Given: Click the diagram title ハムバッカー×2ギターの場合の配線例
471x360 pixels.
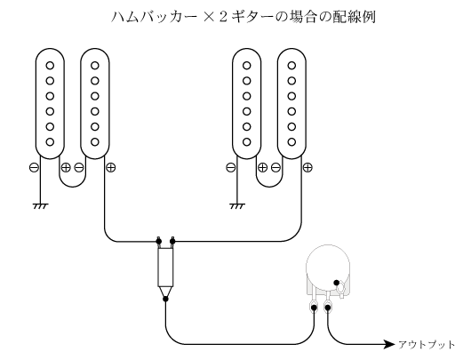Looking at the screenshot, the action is [x=243, y=17].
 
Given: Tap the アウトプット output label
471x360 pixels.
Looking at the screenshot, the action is [x=427, y=345].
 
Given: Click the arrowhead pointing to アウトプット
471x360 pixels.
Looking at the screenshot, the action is [x=390, y=344].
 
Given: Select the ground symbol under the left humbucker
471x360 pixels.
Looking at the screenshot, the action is [x=41, y=206].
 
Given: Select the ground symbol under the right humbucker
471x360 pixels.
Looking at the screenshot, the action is [x=237, y=206].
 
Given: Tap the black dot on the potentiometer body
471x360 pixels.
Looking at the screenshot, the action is [x=337, y=283].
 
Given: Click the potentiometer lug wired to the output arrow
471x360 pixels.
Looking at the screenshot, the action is [x=328, y=308].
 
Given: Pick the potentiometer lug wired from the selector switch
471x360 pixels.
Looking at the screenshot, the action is [x=314, y=308].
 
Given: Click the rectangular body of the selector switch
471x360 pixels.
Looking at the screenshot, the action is [x=165, y=268].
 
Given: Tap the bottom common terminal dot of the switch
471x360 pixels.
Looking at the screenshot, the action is [x=165, y=299].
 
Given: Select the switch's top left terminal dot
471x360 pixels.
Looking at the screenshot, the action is [x=158, y=241].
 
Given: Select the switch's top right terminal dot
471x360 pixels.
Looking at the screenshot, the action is [x=172, y=241].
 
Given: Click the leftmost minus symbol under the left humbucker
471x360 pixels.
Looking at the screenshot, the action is [x=34, y=167].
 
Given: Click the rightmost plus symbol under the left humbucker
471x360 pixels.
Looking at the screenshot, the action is [x=111, y=167].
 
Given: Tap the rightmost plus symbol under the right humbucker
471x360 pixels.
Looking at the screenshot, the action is [x=307, y=167].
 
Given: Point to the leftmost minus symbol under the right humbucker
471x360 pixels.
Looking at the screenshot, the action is [x=231, y=167].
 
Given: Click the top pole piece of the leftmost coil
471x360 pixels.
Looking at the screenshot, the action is [x=50, y=66].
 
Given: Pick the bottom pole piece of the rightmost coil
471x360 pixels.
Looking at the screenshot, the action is [x=291, y=142].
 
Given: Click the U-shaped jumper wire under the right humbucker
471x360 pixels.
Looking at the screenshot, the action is [x=269, y=187].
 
